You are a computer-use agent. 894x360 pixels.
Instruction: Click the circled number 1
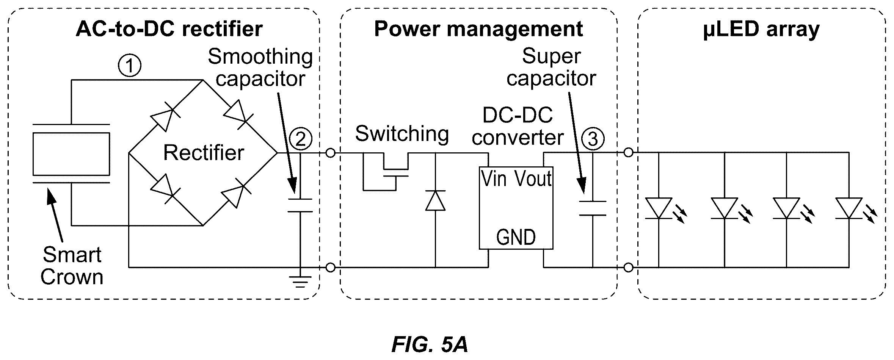pos(130,66)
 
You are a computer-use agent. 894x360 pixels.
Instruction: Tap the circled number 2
pos(300,139)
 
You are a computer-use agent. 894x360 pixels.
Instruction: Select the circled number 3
pos(592,139)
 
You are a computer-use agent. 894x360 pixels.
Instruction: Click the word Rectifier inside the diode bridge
pos(204,153)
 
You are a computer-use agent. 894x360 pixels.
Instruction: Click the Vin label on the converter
pos(494,179)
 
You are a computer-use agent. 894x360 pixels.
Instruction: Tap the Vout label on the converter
pos(532,179)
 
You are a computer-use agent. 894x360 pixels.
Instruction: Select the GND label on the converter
pos(516,237)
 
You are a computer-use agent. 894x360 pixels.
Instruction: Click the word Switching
pos(402,134)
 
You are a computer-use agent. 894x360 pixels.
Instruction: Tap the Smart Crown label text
pos(72,266)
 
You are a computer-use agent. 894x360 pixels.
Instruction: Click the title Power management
pos(478,29)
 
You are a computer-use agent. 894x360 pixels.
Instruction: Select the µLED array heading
pos(761,29)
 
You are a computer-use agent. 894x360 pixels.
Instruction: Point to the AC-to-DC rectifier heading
pos(169,29)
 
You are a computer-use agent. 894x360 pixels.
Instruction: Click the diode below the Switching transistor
pos(435,200)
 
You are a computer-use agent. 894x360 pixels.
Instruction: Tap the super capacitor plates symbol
pos(592,208)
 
